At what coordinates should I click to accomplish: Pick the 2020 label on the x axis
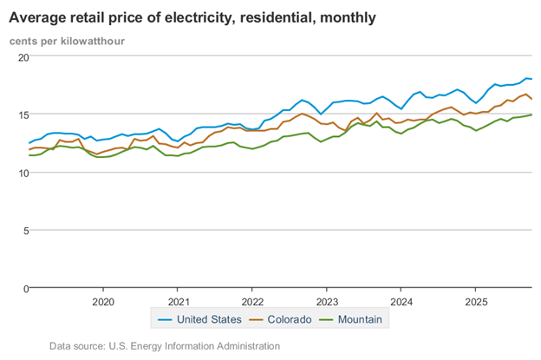pyautogui.click(x=103, y=301)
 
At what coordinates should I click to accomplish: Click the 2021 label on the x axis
pyautogui.click(x=178, y=301)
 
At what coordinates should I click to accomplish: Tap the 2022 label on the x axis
pyautogui.click(x=252, y=301)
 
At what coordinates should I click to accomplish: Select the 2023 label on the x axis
pyautogui.click(x=327, y=301)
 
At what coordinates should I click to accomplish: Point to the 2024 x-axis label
pyautogui.click(x=401, y=301)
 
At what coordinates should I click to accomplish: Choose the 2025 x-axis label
pyautogui.click(x=476, y=301)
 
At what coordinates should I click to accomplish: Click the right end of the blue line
pyautogui.click(x=531, y=79)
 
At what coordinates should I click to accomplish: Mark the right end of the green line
pyautogui.click(x=531, y=115)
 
